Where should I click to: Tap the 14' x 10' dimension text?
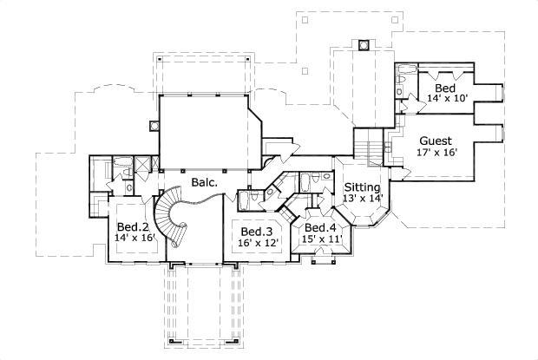click(x=449, y=99)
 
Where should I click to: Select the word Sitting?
click(x=362, y=187)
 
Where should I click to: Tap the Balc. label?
click(x=204, y=184)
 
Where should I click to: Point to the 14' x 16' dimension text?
click(x=135, y=239)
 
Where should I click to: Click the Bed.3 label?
click(x=258, y=232)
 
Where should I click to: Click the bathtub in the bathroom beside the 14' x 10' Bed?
click(x=406, y=73)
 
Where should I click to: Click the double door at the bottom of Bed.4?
click(x=322, y=254)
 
